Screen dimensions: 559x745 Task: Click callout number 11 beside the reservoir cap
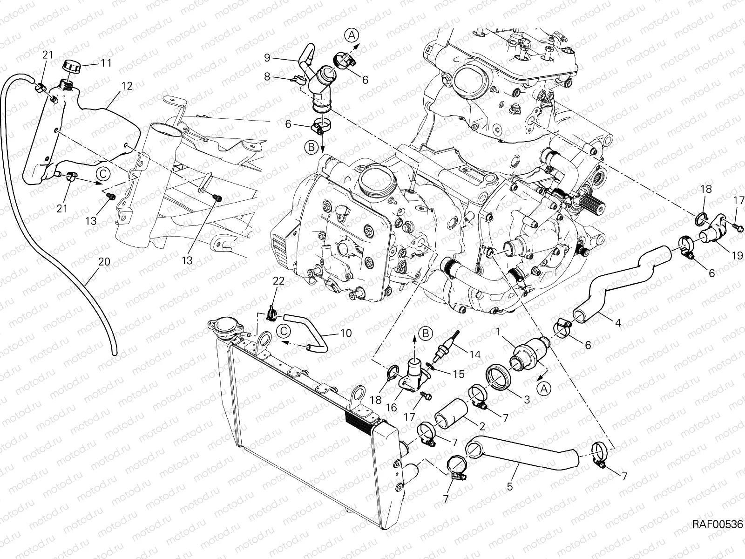tap(106, 63)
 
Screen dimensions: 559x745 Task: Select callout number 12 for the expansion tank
tap(127, 86)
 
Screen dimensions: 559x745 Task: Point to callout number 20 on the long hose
tap(104, 262)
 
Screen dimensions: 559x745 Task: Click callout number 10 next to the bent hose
tap(346, 334)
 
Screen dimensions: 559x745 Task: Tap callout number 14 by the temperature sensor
tap(474, 354)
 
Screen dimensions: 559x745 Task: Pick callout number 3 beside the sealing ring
tap(527, 400)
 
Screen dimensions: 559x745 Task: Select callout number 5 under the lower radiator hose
tap(510, 486)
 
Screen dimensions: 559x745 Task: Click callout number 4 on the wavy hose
tap(618, 322)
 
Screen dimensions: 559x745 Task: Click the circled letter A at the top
tap(352, 35)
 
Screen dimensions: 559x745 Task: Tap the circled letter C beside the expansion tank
tap(104, 174)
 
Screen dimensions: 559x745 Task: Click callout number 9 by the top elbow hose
tap(267, 58)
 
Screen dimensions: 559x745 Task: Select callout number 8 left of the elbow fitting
tap(267, 76)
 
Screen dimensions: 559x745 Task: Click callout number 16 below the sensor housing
tap(391, 408)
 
